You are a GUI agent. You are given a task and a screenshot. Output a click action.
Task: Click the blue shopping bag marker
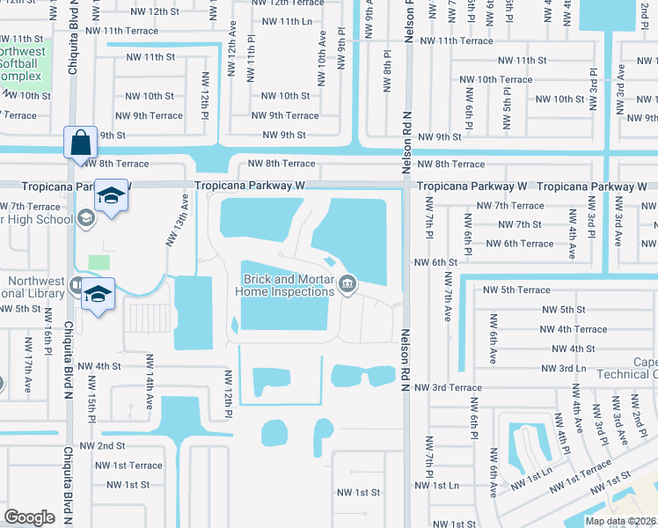tap(79, 142)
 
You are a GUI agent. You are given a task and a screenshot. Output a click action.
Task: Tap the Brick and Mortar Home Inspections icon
tap(347, 283)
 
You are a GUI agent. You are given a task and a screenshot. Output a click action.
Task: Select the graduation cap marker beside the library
tap(99, 293)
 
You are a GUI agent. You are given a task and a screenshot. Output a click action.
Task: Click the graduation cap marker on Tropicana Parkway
tap(112, 196)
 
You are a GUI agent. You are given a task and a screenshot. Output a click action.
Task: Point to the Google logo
tap(30, 517)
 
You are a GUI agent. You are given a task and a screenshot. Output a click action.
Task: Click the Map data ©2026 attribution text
tap(620, 521)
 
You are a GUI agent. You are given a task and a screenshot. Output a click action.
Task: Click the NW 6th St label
tap(436, 262)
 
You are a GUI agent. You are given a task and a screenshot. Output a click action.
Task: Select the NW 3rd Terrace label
tap(448, 387)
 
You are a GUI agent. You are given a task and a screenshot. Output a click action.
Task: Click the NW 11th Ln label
tap(281, 20)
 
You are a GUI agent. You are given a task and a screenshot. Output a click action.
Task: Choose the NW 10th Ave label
tap(322, 51)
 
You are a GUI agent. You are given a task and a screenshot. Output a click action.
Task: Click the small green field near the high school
tap(99, 262)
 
